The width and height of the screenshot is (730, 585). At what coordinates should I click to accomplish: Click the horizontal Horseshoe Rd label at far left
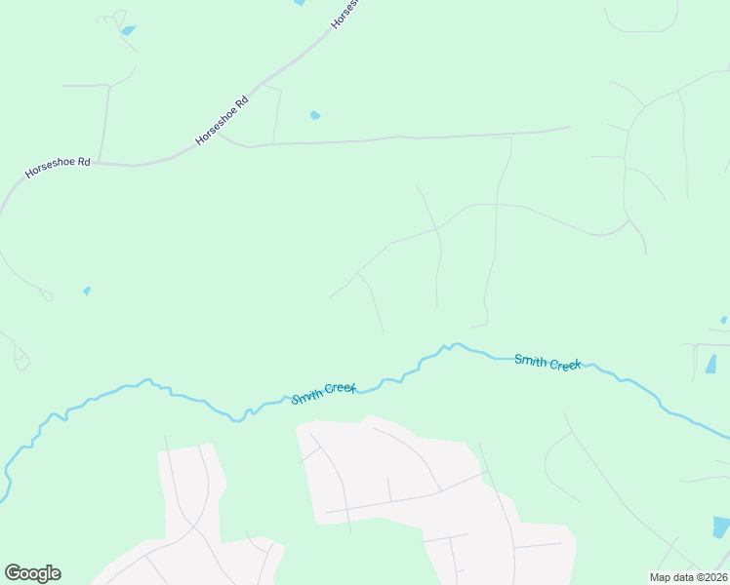[x=58, y=168]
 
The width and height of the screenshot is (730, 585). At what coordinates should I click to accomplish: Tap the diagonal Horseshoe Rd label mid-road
[x=223, y=121]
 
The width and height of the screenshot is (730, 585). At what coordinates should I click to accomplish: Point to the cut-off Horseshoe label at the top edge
[x=345, y=14]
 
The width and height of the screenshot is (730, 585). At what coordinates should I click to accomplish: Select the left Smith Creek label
[x=325, y=394]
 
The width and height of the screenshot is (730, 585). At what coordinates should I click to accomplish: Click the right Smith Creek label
[x=547, y=362]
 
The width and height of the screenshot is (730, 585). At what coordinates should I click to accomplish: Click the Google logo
[x=32, y=573]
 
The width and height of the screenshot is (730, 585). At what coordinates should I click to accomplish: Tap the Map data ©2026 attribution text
[x=689, y=577]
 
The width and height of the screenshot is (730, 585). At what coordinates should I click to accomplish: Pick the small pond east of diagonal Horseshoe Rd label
[x=315, y=116]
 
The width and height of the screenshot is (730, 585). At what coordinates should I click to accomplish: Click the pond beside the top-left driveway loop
[x=128, y=31]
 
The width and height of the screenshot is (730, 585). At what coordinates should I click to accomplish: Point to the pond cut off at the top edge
[x=299, y=3]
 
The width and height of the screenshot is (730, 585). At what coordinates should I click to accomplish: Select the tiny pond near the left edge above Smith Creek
[x=87, y=291]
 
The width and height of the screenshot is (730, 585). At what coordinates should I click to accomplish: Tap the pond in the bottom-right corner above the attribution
[x=721, y=527]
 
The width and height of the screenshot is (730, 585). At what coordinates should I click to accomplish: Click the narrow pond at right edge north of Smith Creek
[x=710, y=365]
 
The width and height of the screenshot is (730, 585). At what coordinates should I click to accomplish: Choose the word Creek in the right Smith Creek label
[x=566, y=365]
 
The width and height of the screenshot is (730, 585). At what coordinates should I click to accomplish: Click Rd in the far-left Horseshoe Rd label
[x=83, y=163]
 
